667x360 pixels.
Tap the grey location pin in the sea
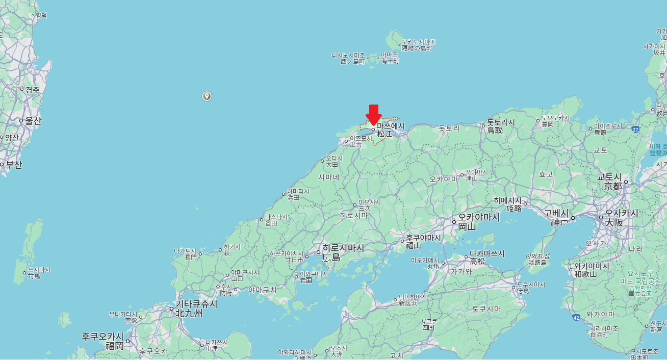click(207, 96)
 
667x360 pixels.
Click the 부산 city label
click(14, 164)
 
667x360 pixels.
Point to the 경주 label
click(32, 90)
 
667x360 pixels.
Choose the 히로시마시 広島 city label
click(343, 252)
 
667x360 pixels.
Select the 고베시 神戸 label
click(559, 218)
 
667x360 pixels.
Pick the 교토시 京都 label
click(612, 182)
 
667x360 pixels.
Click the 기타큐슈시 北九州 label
click(196, 308)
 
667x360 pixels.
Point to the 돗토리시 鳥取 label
click(500, 126)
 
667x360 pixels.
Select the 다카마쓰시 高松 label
click(486, 258)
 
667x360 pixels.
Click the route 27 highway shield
click(635, 130)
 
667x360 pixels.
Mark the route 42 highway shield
click(576, 317)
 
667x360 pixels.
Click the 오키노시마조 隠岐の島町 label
click(418, 45)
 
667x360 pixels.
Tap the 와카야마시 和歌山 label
click(592, 270)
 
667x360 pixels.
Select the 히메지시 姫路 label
click(507, 204)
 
